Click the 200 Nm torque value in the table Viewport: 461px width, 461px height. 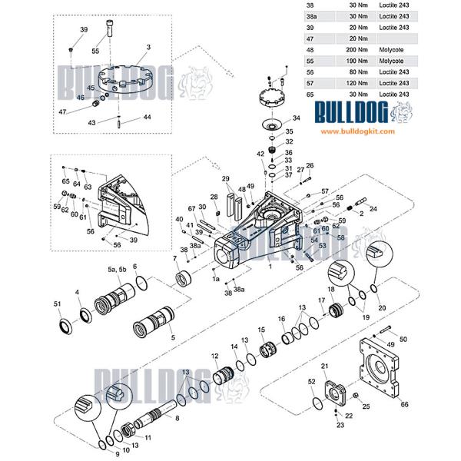(346, 48)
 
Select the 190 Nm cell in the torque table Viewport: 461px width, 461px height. (346, 59)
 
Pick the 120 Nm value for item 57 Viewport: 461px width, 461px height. (346, 82)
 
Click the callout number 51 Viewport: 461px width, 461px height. (58, 305)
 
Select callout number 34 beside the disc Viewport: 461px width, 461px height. (296, 119)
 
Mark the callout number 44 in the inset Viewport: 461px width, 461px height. (146, 118)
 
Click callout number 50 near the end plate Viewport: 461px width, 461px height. (403, 340)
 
